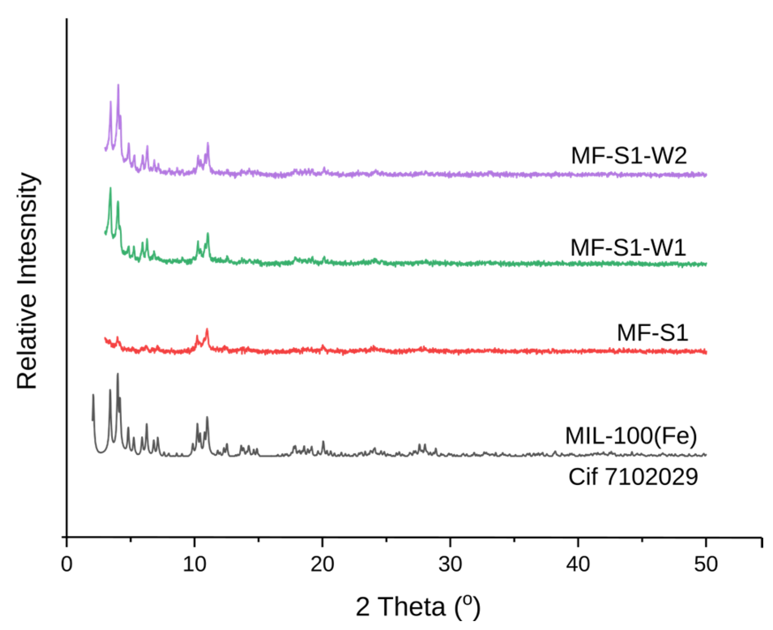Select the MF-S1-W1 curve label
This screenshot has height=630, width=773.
point(628,248)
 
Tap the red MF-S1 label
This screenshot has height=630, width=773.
point(652,333)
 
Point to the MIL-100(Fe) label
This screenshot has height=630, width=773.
point(630,436)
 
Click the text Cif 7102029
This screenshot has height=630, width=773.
point(633,476)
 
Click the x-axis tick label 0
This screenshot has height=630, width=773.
point(67,564)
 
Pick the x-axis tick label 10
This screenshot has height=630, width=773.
point(194,564)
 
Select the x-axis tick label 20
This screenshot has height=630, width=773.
point(322,564)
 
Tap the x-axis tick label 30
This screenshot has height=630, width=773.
point(450,564)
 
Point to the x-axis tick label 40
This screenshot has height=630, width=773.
point(578,564)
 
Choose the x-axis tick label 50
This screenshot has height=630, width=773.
point(706,564)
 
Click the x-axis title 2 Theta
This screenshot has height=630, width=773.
point(418,607)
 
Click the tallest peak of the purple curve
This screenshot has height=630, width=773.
point(118,85)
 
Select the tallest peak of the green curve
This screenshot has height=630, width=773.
point(110,189)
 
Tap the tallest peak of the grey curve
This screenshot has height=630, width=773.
point(117,374)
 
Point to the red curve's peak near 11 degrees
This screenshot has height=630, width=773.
point(207,330)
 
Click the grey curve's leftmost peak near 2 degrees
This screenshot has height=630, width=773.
point(93,395)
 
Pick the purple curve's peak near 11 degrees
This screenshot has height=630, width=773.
point(208,143)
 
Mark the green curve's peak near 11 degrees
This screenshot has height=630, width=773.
point(208,234)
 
